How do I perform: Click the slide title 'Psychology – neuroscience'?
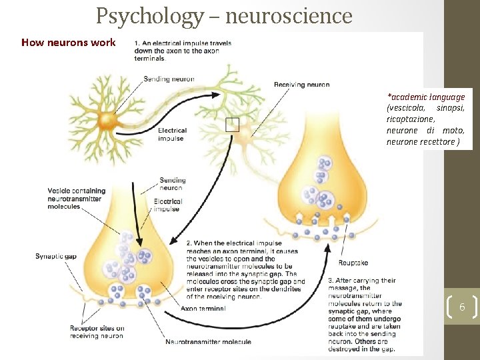[223, 15]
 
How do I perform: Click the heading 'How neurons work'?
[68, 43]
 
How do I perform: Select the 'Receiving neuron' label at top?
[302, 85]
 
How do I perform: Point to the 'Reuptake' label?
[353, 263]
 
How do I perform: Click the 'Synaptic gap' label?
[55, 257]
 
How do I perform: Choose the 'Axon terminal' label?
[203, 308]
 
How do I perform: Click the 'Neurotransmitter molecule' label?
[208, 342]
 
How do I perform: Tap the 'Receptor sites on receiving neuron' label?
[97, 332]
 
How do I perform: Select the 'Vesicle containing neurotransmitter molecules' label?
[74, 199]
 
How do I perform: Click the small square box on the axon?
[232, 124]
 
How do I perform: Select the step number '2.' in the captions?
[189, 243]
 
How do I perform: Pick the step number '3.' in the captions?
[331, 280]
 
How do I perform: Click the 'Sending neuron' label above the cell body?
[169, 79]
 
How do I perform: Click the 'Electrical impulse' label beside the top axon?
[172, 134]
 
